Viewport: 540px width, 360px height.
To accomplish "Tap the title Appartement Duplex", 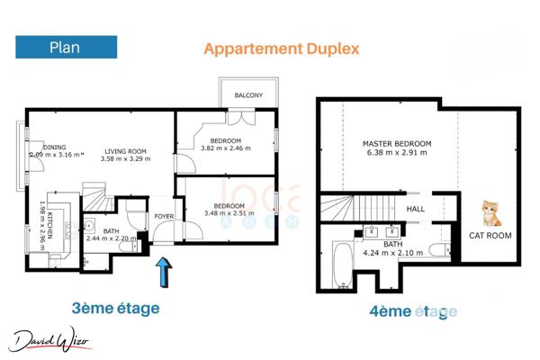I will point(281,49).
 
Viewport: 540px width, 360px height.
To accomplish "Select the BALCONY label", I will point(248,95).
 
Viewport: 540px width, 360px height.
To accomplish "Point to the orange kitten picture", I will point(490,213).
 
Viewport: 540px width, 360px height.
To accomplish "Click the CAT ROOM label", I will point(490,236).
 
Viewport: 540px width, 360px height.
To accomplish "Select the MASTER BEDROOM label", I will point(397,144).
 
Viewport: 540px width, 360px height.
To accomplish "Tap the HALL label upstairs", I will point(416,209).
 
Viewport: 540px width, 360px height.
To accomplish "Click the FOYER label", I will point(164,216).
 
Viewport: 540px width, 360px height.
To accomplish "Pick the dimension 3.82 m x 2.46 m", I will point(225,149).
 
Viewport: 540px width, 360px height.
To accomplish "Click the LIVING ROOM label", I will point(125,150).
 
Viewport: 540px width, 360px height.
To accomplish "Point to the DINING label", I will point(54,147).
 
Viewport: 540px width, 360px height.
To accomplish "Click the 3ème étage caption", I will point(115,309).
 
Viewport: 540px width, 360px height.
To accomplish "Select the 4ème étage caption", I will point(413,311).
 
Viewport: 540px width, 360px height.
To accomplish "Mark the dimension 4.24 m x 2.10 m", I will point(393,253).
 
